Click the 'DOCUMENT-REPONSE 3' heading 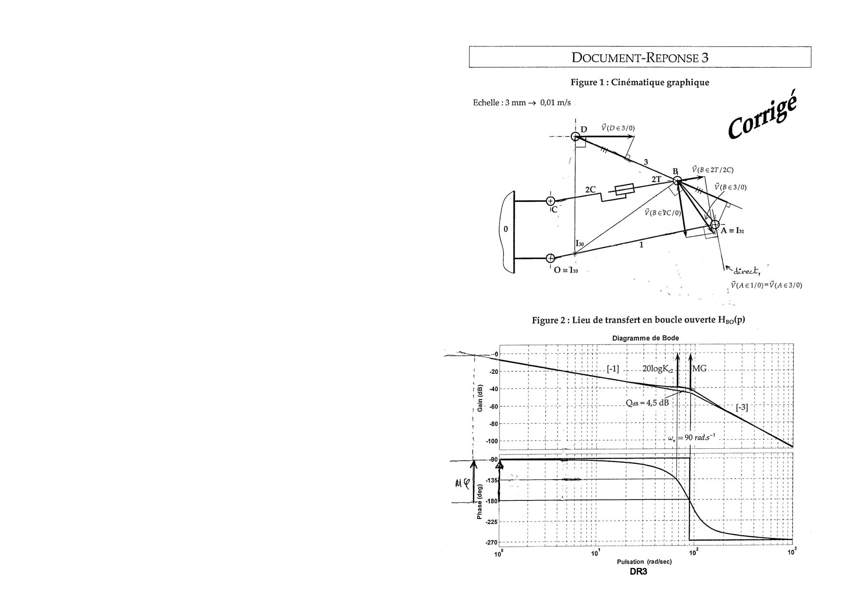[x=640, y=57]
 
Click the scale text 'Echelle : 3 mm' [x=498, y=103]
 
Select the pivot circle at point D [x=575, y=137]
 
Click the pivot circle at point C [x=550, y=201]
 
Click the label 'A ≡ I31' [x=732, y=231]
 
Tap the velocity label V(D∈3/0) [x=618, y=128]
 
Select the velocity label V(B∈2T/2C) [x=713, y=170]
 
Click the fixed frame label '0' [x=506, y=229]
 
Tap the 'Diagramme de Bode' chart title [x=645, y=338]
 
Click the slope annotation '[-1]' [x=613, y=369]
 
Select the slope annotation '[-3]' [x=742, y=407]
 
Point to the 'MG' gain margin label [x=700, y=369]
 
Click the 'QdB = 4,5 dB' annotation [x=647, y=402]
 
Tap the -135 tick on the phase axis [x=492, y=480]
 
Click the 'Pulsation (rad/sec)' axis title [x=644, y=562]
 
